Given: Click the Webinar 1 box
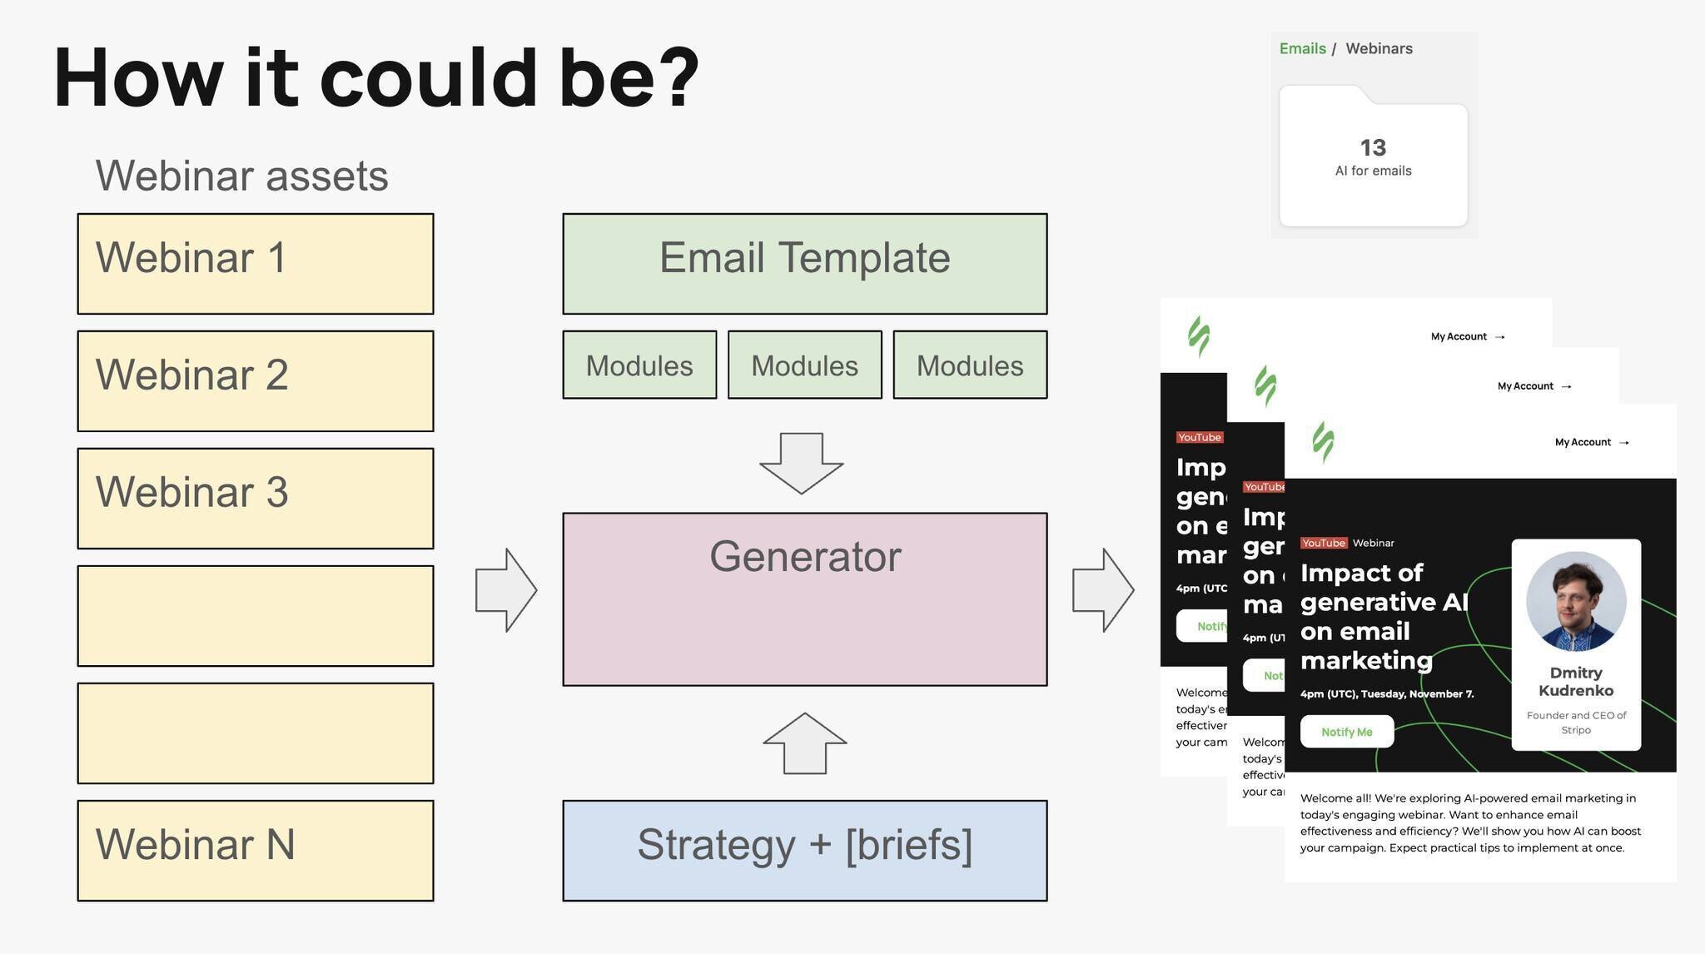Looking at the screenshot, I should point(256,264).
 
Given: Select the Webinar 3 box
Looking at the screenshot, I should point(256,499).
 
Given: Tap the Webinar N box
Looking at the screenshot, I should point(256,850).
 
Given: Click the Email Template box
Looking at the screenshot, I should point(804,264).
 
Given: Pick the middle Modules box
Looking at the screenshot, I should point(804,365).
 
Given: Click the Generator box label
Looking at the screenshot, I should point(804,556).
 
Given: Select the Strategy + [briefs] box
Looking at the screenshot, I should point(804,850).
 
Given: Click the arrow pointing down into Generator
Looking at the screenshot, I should point(802,463).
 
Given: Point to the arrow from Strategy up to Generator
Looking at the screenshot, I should point(805,743).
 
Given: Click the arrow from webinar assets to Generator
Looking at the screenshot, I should point(506,589).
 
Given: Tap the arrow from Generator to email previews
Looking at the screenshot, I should point(1103,589).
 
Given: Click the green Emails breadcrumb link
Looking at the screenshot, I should point(1302,48).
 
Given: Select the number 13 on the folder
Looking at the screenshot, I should point(1373,147).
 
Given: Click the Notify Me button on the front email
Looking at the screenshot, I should point(1346,732).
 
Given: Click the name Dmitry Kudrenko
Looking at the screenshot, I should point(1575,682).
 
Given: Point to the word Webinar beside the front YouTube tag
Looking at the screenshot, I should point(1373,543).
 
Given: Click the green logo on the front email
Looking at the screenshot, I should point(1323,441).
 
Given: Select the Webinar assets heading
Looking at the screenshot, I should point(241,176).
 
